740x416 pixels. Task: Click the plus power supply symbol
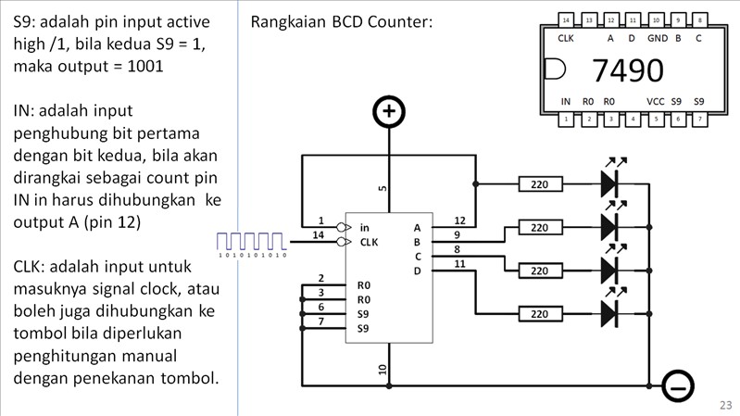pos(389,113)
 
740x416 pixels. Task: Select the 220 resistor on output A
pos(540,184)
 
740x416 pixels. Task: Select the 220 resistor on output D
pos(540,314)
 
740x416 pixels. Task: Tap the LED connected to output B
pos(608,225)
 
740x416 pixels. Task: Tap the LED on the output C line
pos(608,270)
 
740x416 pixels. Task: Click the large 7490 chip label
pos(627,70)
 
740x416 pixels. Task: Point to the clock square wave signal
pos(252,242)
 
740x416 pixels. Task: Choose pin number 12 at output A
pos(459,221)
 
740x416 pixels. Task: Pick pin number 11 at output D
pos(459,265)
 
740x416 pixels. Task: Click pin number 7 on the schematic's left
pos(320,321)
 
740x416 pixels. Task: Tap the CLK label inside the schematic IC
pos(370,243)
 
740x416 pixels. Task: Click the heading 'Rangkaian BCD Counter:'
pos(342,21)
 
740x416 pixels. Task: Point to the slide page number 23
pos(725,405)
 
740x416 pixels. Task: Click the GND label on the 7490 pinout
pos(657,39)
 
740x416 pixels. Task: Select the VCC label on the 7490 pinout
pos(656,101)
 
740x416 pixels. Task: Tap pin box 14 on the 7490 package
pos(566,19)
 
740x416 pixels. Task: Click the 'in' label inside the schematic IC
pos(365,227)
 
